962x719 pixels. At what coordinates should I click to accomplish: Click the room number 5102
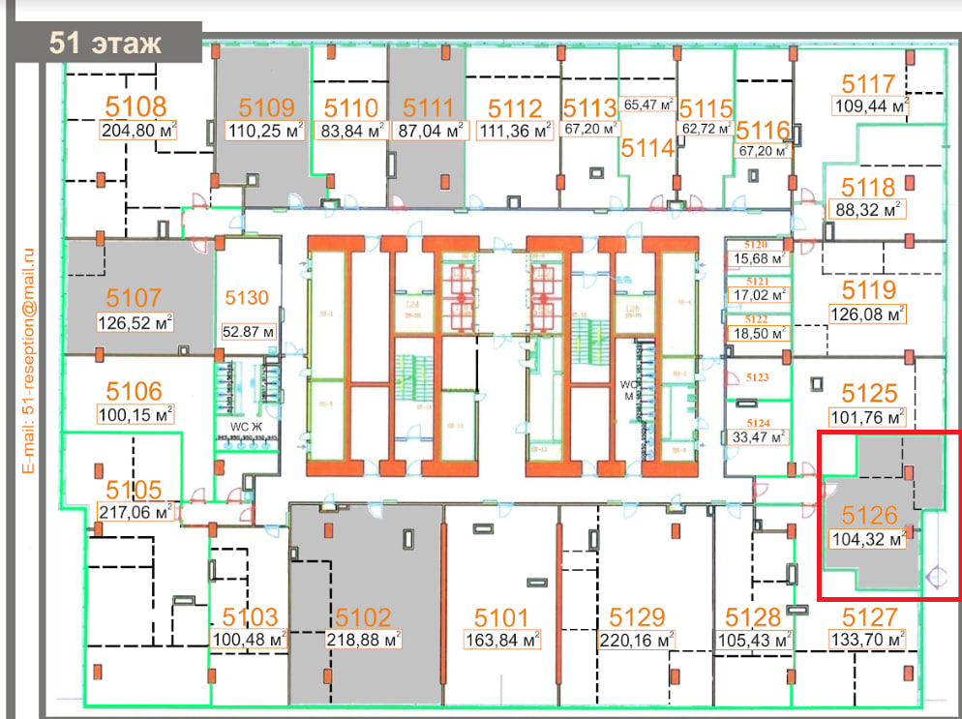(x=363, y=617)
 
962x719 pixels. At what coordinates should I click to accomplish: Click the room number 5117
(x=868, y=84)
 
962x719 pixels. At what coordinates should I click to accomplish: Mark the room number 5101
(x=501, y=617)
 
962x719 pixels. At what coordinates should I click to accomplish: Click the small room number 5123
(x=757, y=378)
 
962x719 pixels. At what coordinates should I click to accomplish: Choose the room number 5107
(x=135, y=297)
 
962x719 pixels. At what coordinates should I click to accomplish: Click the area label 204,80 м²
(x=137, y=131)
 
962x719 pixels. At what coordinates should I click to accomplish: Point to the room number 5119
(x=868, y=289)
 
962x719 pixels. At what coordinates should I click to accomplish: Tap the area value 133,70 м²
(x=868, y=639)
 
